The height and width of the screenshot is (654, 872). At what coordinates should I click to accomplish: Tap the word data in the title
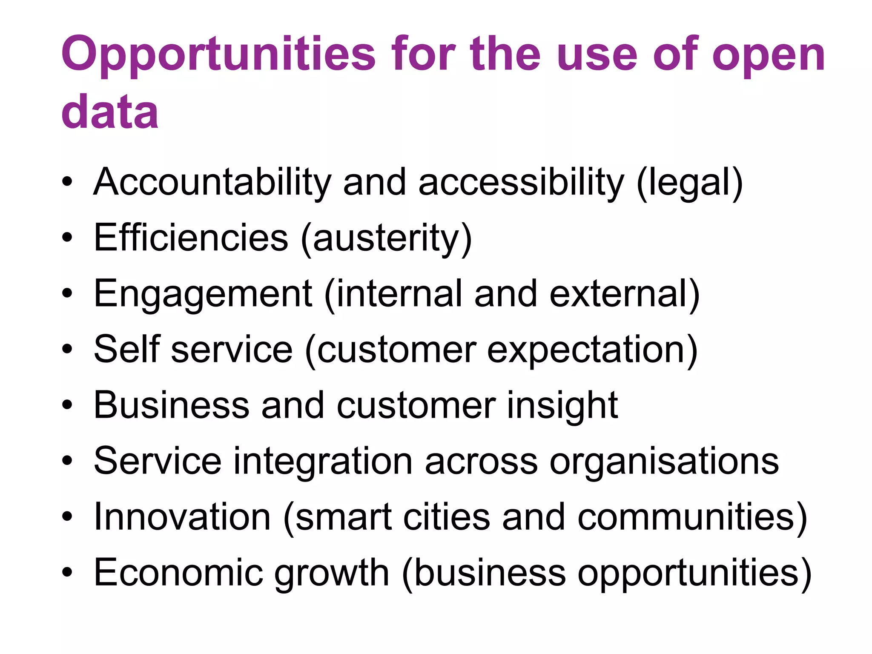110,112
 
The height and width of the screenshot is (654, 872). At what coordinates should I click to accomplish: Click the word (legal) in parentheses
690,182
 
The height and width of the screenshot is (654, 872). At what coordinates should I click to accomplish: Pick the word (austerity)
386,238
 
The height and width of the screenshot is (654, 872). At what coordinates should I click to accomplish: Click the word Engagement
203,294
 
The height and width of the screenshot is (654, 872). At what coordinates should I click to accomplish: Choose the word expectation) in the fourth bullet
592,350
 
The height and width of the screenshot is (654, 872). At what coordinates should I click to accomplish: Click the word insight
562,405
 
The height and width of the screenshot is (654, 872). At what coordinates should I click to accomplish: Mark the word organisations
664,461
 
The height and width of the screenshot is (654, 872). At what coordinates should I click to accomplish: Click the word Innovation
182,516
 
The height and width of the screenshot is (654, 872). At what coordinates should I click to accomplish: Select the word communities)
692,517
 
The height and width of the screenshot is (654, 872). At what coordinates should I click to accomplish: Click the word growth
332,574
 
